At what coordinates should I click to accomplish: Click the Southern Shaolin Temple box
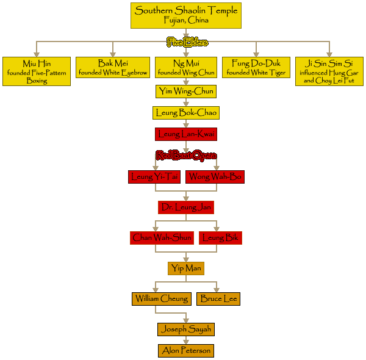(186, 15)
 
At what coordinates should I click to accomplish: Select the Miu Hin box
(37, 72)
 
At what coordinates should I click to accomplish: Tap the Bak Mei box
(113, 68)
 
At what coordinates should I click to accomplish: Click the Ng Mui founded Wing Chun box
(185, 68)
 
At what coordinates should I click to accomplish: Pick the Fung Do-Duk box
(256, 68)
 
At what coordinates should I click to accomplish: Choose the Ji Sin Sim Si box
(329, 72)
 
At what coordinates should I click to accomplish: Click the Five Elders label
(187, 42)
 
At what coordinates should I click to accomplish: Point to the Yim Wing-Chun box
(185, 92)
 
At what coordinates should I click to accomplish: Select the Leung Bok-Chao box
(185, 113)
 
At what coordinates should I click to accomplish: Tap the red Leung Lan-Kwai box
(185, 134)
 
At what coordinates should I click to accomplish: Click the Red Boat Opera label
(186, 155)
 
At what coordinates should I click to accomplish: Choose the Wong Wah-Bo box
(215, 177)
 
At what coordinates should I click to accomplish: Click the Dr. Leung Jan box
(185, 207)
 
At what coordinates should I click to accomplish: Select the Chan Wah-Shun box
(162, 238)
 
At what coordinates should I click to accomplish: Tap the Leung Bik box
(220, 238)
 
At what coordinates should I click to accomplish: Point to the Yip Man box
(185, 268)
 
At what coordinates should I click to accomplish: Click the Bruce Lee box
(218, 299)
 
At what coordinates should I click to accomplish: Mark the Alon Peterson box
(186, 351)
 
